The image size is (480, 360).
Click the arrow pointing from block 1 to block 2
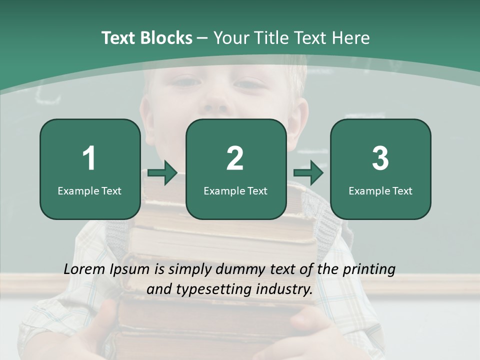click(162, 173)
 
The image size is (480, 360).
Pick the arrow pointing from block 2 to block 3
click(308, 173)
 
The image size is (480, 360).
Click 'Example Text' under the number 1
click(89, 190)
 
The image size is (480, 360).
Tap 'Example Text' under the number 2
click(235, 190)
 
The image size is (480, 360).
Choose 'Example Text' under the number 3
click(380, 190)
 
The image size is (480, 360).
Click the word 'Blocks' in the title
click(166, 38)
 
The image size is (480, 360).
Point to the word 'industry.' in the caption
click(284, 289)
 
